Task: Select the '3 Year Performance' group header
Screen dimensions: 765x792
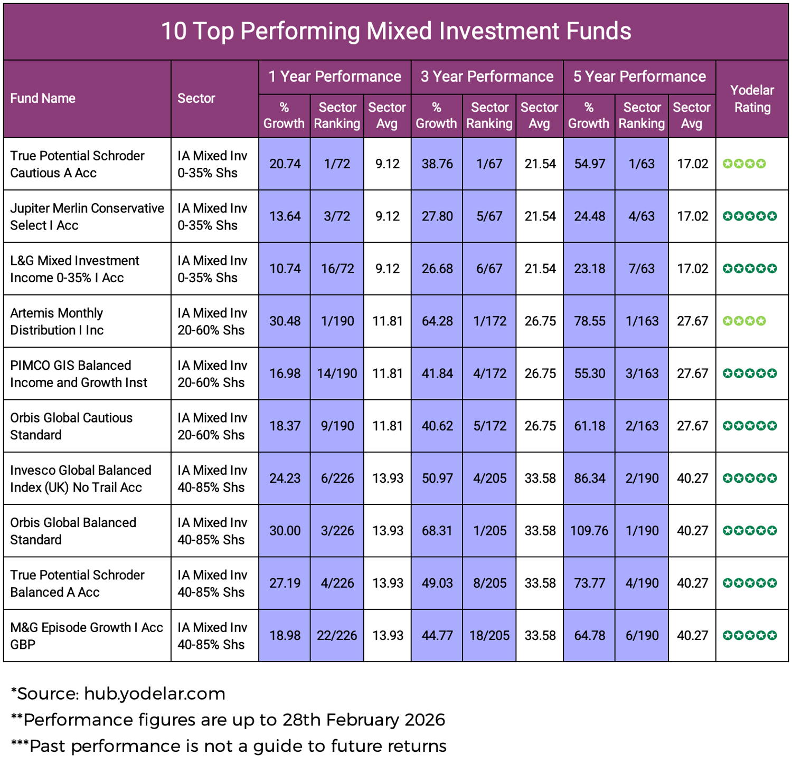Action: point(487,77)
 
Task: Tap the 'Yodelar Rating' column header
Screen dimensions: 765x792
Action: point(752,99)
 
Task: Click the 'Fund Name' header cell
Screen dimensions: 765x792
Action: point(43,99)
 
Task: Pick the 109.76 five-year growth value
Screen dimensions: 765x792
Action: point(589,531)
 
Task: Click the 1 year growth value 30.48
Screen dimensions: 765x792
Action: point(285,321)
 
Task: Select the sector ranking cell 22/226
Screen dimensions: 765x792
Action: point(337,636)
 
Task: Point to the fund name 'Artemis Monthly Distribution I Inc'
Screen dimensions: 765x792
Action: point(57,321)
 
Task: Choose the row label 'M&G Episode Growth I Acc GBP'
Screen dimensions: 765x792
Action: point(87,636)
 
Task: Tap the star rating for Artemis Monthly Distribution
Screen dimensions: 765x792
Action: point(744,321)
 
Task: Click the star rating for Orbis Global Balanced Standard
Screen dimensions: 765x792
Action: point(750,531)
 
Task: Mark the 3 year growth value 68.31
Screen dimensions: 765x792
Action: point(437,531)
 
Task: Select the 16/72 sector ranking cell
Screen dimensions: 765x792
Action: point(337,269)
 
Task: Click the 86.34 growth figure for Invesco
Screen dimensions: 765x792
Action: point(590,479)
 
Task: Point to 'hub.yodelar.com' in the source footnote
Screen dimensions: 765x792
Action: point(155,694)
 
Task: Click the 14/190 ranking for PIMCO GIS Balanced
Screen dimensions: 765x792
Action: point(337,374)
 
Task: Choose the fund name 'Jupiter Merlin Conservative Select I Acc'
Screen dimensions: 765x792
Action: point(87,217)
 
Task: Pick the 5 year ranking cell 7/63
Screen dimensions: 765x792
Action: point(642,269)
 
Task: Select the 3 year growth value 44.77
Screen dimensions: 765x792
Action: point(437,636)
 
